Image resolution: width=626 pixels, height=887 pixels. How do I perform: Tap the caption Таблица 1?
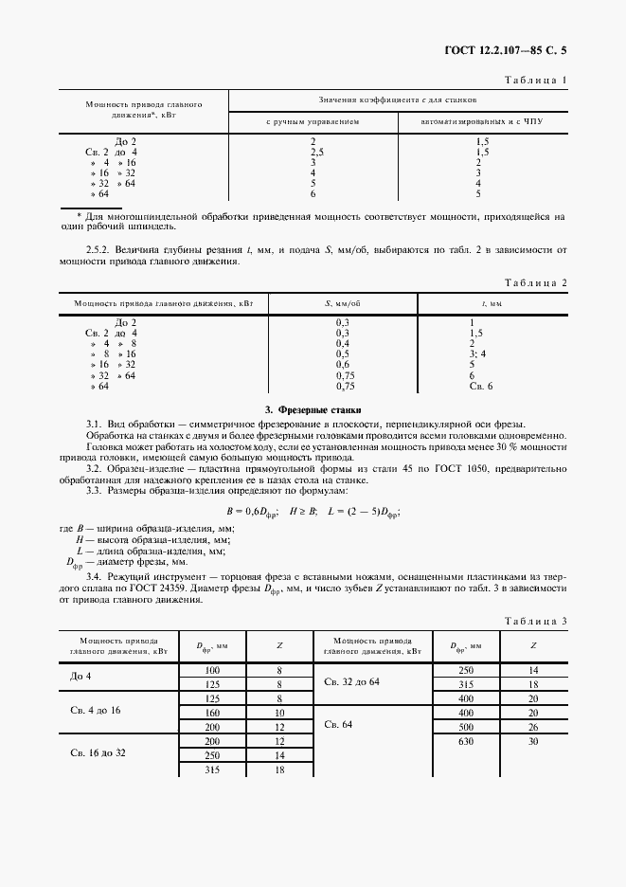click(x=535, y=80)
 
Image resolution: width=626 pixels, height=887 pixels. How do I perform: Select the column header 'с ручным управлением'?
click(x=312, y=122)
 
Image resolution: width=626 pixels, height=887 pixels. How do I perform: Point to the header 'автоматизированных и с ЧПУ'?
click(x=481, y=122)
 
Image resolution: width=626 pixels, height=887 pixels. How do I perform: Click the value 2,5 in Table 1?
click(x=317, y=152)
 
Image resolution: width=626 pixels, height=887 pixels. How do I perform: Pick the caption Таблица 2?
click(x=535, y=282)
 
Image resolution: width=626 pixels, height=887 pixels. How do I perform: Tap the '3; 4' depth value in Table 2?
click(x=477, y=353)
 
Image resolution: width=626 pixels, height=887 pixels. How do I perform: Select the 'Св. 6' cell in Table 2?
click(x=482, y=387)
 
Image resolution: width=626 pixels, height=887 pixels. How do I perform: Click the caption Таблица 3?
click(x=535, y=621)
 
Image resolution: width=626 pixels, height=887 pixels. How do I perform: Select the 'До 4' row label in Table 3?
click(x=83, y=678)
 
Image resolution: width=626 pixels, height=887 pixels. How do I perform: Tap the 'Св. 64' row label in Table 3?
click(x=338, y=724)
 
